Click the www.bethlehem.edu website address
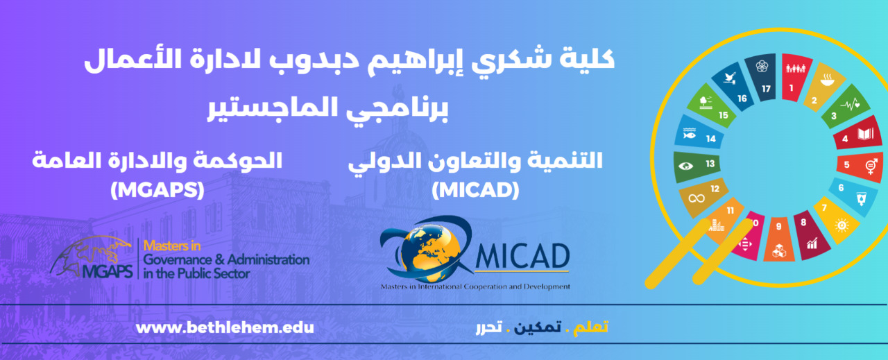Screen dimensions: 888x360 (x=225, y=328)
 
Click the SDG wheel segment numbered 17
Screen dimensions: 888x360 (x=762, y=78)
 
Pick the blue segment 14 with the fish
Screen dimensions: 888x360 (x=699, y=132)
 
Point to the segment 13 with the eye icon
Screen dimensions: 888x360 (x=697, y=166)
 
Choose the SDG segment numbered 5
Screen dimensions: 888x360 (x=860, y=166)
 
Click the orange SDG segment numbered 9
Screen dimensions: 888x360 (x=779, y=239)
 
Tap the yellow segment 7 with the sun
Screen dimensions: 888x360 (x=837, y=220)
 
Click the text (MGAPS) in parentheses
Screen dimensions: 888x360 (x=157, y=190)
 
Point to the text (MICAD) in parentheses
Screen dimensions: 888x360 (x=475, y=190)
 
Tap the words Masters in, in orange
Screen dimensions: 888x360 (x=172, y=246)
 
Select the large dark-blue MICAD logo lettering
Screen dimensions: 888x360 (x=522, y=256)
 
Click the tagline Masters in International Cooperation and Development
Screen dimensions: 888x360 (x=475, y=286)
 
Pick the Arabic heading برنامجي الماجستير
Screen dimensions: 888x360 (x=328, y=108)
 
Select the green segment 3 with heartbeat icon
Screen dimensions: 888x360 (x=846, y=106)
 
